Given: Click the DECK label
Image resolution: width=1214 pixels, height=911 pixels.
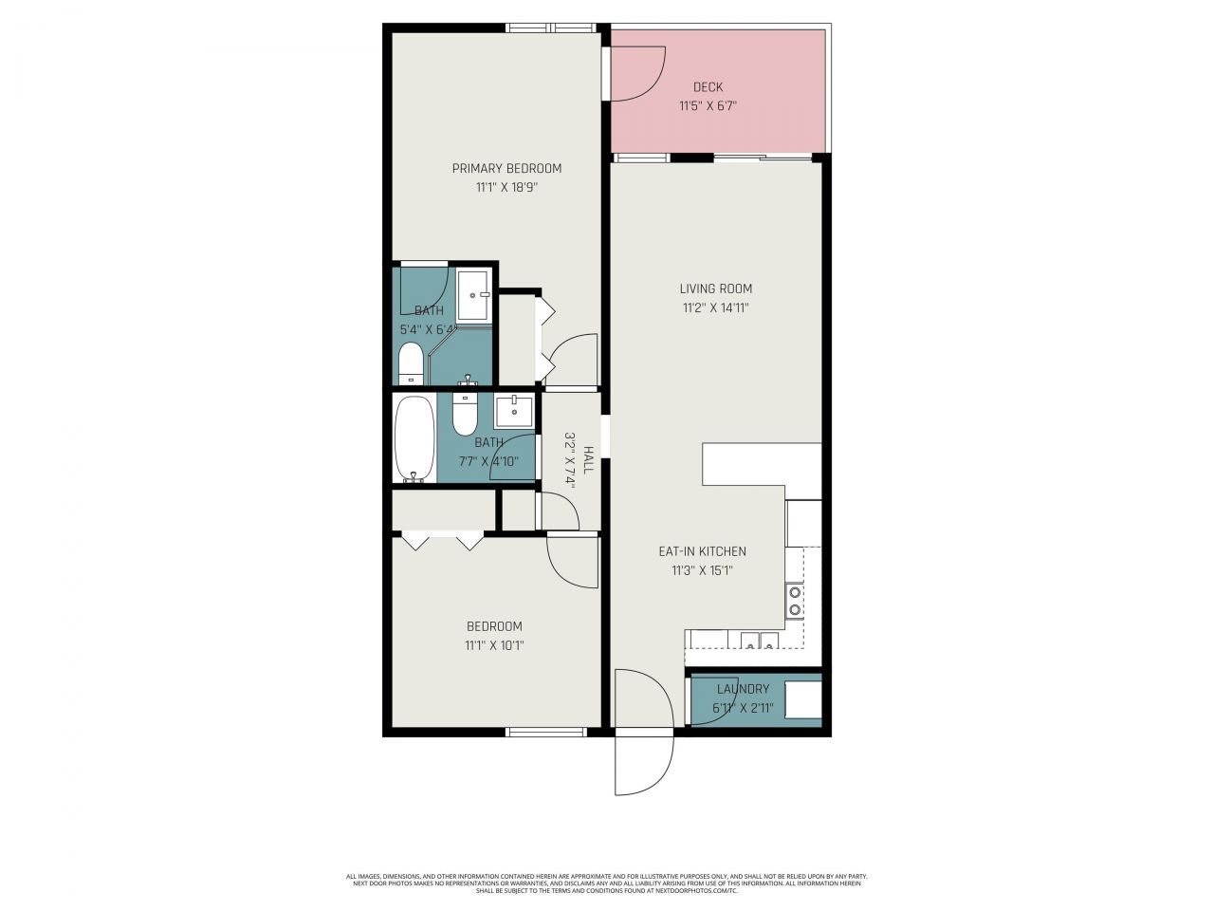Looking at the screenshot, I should (x=708, y=87).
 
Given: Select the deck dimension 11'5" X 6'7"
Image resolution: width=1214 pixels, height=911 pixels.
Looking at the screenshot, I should (x=708, y=106).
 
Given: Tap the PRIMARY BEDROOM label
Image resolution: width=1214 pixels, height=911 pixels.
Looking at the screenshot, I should (x=506, y=168).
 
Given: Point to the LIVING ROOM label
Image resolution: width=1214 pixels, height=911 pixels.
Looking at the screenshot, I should (x=715, y=288).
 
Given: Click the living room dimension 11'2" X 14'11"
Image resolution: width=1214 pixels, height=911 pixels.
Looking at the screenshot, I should (x=715, y=307).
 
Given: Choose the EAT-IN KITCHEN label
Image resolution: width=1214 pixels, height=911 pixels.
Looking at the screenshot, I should (x=702, y=551).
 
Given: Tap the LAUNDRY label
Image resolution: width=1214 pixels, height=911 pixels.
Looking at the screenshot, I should (x=743, y=689).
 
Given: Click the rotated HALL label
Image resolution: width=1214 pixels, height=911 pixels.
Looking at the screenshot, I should (x=589, y=460).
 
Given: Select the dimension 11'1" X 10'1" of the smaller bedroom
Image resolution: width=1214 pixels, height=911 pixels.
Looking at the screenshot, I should (x=494, y=645).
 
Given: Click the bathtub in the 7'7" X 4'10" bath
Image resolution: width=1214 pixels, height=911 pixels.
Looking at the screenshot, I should (x=414, y=437).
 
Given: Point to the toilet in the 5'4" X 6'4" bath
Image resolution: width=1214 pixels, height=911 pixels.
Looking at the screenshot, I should (x=410, y=363).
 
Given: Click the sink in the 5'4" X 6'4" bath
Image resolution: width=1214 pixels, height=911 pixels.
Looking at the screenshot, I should (x=473, y=295).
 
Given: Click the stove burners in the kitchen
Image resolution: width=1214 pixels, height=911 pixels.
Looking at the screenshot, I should (x=795, y=600).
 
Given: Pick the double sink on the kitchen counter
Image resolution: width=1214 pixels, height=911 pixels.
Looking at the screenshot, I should (x=761, y=641).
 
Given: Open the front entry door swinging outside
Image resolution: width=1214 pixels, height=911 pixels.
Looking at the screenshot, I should (x=645, y=764).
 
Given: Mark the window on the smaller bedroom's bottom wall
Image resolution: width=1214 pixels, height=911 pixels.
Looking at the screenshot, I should (x=546, y=732).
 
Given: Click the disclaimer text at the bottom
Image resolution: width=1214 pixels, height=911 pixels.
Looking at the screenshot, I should (x=607, y=883).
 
